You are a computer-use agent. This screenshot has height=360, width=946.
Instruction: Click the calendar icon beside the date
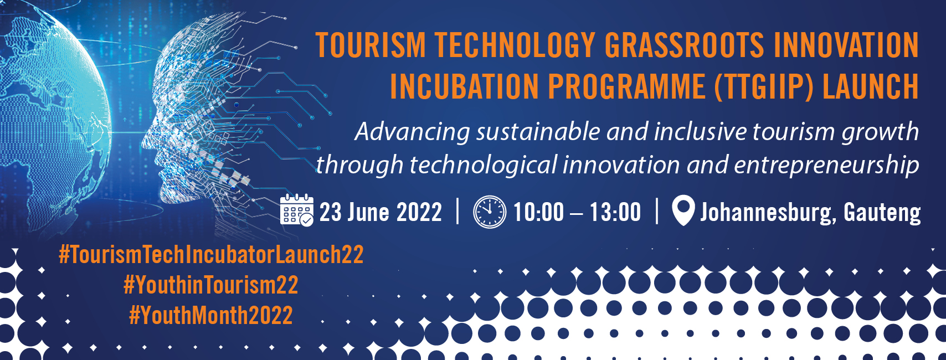(297, 210)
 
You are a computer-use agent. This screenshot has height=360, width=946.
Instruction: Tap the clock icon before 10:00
(490, 212)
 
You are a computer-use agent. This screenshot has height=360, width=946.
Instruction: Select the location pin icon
(683, 210)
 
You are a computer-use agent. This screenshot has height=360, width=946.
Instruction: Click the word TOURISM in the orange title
(371, 45)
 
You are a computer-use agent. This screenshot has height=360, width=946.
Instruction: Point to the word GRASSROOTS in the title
(684, 45)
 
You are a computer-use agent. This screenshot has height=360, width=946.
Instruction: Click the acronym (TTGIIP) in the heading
(764, 87)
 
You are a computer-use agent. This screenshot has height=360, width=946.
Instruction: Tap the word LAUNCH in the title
(871, 86)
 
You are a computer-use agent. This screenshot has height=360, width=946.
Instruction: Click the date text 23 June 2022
(381, 212)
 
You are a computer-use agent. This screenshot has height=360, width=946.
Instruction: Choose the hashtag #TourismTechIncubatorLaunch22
(211, 254)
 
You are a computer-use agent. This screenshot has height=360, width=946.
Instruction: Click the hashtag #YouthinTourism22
(211, 285)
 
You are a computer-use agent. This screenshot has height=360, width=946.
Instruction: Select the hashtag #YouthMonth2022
(211, 315)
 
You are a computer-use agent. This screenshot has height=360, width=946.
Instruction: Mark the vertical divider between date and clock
(458, 211)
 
